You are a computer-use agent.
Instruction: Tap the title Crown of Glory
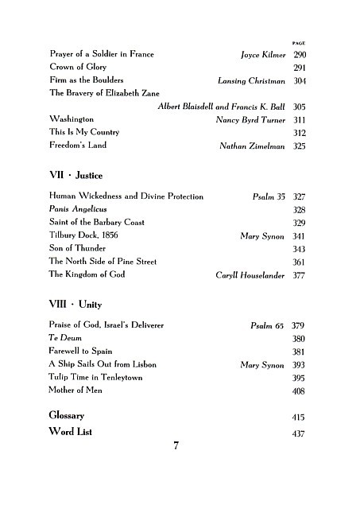click(78, 68)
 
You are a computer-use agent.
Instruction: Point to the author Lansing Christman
click(252, 81)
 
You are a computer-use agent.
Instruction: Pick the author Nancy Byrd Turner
click(251, 119)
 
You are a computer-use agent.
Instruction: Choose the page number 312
click(300, 133)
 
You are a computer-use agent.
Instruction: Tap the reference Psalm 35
click(268, 196)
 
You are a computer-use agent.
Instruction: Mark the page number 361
click(300, 262)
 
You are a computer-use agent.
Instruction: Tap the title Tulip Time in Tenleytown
click(95, 377)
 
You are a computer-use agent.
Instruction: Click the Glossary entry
click(67, 416)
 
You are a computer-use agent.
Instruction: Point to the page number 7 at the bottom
click(176, 445)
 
